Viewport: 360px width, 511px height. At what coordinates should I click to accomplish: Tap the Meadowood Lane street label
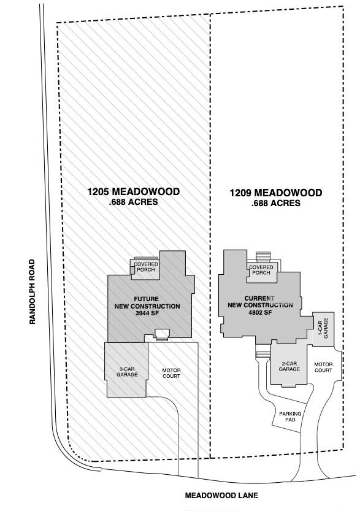[x=222, y=495]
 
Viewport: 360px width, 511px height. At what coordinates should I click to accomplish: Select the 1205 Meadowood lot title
[x=134, y=192]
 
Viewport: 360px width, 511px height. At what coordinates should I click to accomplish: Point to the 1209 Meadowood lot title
[x=276, y=193]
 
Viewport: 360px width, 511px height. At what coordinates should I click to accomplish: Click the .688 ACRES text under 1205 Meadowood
[x=134, y=202]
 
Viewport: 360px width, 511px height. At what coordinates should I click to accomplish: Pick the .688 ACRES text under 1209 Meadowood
[x=276, y=203]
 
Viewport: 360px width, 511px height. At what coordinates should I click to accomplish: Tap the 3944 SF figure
[x=147, y=313]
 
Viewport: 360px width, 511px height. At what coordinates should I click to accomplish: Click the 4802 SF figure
[x=259, y=312]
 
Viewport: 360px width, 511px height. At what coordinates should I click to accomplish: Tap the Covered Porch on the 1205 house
[x=147, y=267]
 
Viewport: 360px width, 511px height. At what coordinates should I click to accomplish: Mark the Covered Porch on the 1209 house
[x=261, y=270]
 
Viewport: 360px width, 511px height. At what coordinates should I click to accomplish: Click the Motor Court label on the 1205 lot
[x=171, y=373]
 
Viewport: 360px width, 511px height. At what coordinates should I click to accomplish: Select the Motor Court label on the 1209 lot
[x=323, y=367]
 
